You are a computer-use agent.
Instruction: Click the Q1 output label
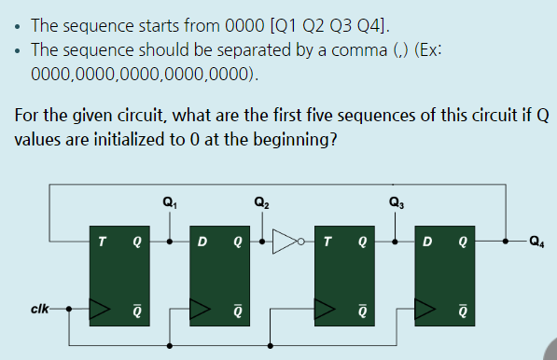[x=168, y=201]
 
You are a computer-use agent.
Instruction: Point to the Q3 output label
[x=396, y=201]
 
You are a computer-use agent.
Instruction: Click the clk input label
[x=40, y=306]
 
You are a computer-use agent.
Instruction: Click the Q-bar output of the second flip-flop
[x=238, y=306]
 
